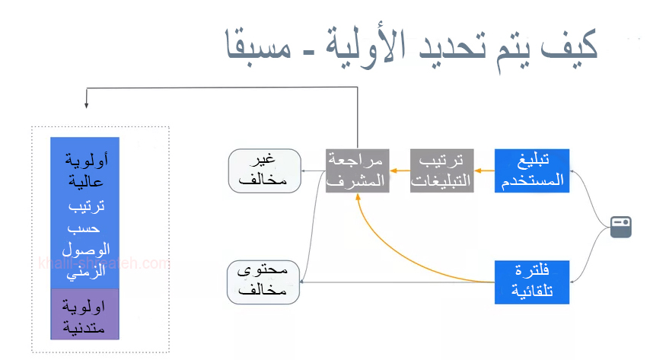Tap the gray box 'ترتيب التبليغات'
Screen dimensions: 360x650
[441, 170]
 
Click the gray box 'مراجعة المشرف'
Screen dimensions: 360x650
[358, 170]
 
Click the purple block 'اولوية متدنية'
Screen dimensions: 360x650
[84, 314]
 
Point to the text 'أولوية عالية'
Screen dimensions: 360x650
[84, 172]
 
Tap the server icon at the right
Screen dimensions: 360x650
[621, 227]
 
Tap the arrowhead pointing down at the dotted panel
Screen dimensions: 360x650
[87, 104]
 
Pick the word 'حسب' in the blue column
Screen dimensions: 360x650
[84, 228]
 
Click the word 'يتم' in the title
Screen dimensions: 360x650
[508, 45]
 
